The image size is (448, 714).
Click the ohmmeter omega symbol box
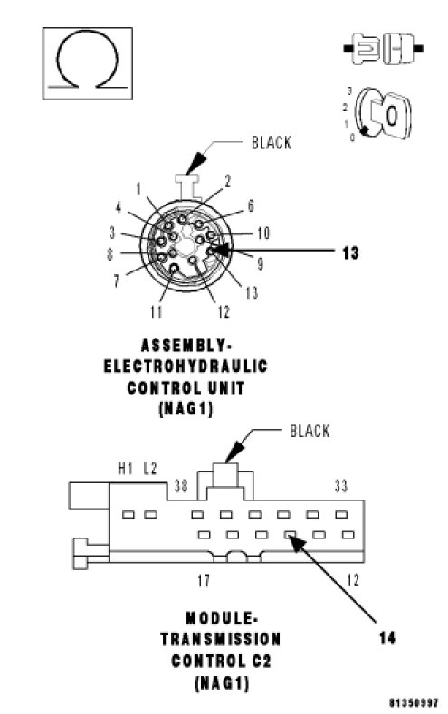click(88, 63)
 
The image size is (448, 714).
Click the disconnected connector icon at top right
click(383, 48)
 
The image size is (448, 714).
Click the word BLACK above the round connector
click(272, 142)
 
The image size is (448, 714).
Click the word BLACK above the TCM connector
click(310, 431)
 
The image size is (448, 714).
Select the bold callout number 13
click(350, 252)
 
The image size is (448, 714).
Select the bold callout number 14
click(387, 638)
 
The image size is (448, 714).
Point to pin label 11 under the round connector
click(157, 312)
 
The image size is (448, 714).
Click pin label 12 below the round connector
click(224, 312)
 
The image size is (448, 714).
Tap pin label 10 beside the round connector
click(263, 233)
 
